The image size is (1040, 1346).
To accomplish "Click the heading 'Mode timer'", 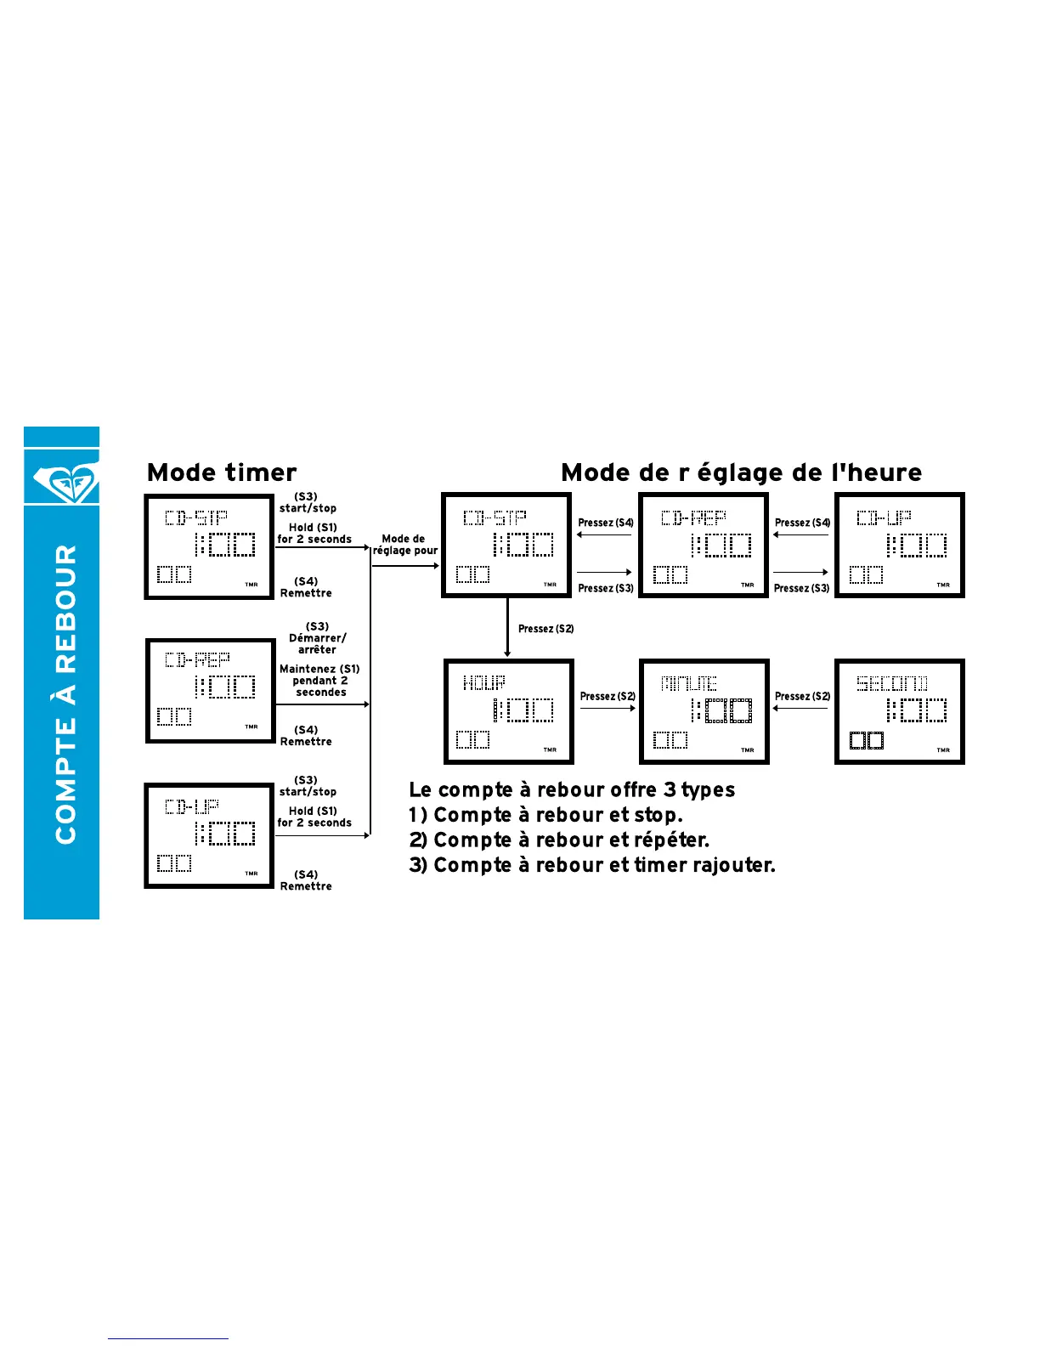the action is [x=222, y=472].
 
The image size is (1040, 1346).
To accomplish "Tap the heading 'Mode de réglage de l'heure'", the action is [x=741, y=472].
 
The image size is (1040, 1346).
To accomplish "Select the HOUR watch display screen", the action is [x=508, y=711].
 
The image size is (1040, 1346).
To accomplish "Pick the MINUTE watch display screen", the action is [x=704, y=711].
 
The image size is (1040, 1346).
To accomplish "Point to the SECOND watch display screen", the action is [x=899, y=711].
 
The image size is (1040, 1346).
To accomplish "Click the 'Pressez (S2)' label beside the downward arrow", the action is [x=545, y=629].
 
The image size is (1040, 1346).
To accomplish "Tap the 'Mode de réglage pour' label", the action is [x=404, y=545].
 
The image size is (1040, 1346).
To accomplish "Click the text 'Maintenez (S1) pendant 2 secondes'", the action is [x=319, y=681].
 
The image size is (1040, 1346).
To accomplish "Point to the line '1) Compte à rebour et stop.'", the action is [x=545, y=815].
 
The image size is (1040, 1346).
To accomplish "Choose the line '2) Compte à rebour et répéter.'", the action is [x=558, y=840].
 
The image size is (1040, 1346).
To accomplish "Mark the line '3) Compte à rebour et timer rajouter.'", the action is [x=591, y=865].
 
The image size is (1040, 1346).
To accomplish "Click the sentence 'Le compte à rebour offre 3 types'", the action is [x=572, y=789].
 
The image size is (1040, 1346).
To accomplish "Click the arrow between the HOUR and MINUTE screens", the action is [x=607, y=708].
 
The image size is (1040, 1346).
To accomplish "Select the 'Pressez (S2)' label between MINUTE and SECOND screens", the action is [x=802, y=696].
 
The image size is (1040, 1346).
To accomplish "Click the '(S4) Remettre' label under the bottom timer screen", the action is [x=306, y=880].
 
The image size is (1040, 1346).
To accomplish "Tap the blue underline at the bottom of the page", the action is [x=167, y=1338].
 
